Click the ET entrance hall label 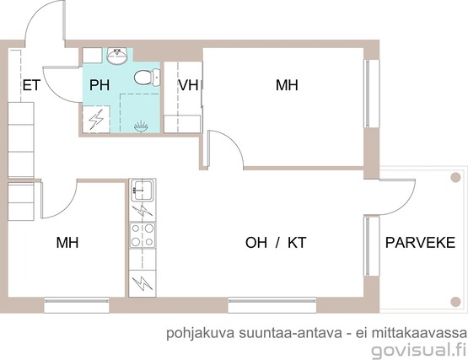31,85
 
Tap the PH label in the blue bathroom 100,85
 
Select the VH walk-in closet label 188,85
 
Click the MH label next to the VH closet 287,85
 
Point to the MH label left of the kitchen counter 67,243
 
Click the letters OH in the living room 256,243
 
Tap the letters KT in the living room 297,243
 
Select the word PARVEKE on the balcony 420,243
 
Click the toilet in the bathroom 147,78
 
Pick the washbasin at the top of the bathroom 117,56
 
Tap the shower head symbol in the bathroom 141,126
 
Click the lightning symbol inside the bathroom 96,119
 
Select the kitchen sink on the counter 143,190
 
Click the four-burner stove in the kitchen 143,235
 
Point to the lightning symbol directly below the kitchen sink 143,211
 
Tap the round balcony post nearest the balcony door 455,177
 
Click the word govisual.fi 419,350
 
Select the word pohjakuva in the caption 201,333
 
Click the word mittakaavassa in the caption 419,332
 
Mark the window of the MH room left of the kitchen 77,304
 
